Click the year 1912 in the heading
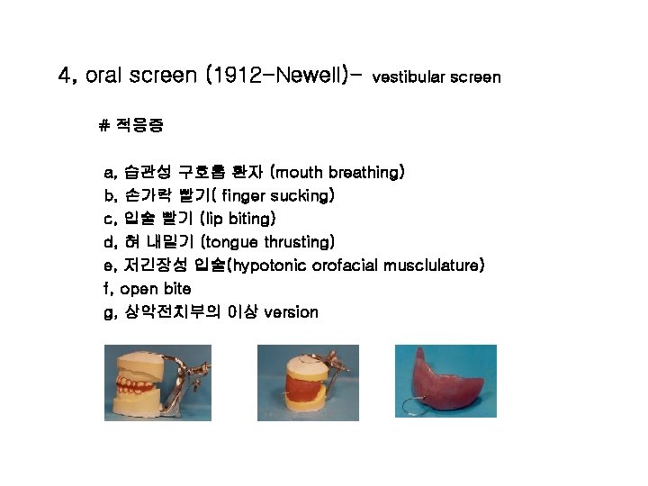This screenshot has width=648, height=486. (233, 76)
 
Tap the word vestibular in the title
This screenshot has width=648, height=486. (406, 77)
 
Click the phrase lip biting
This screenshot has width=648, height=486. (238, 219)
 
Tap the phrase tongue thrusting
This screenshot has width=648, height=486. (269, 242)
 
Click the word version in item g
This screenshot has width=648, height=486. (291, 312)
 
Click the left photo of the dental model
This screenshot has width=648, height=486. (157, 382)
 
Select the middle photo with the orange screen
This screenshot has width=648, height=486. (308, 382)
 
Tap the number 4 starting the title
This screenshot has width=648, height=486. (63, 76)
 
